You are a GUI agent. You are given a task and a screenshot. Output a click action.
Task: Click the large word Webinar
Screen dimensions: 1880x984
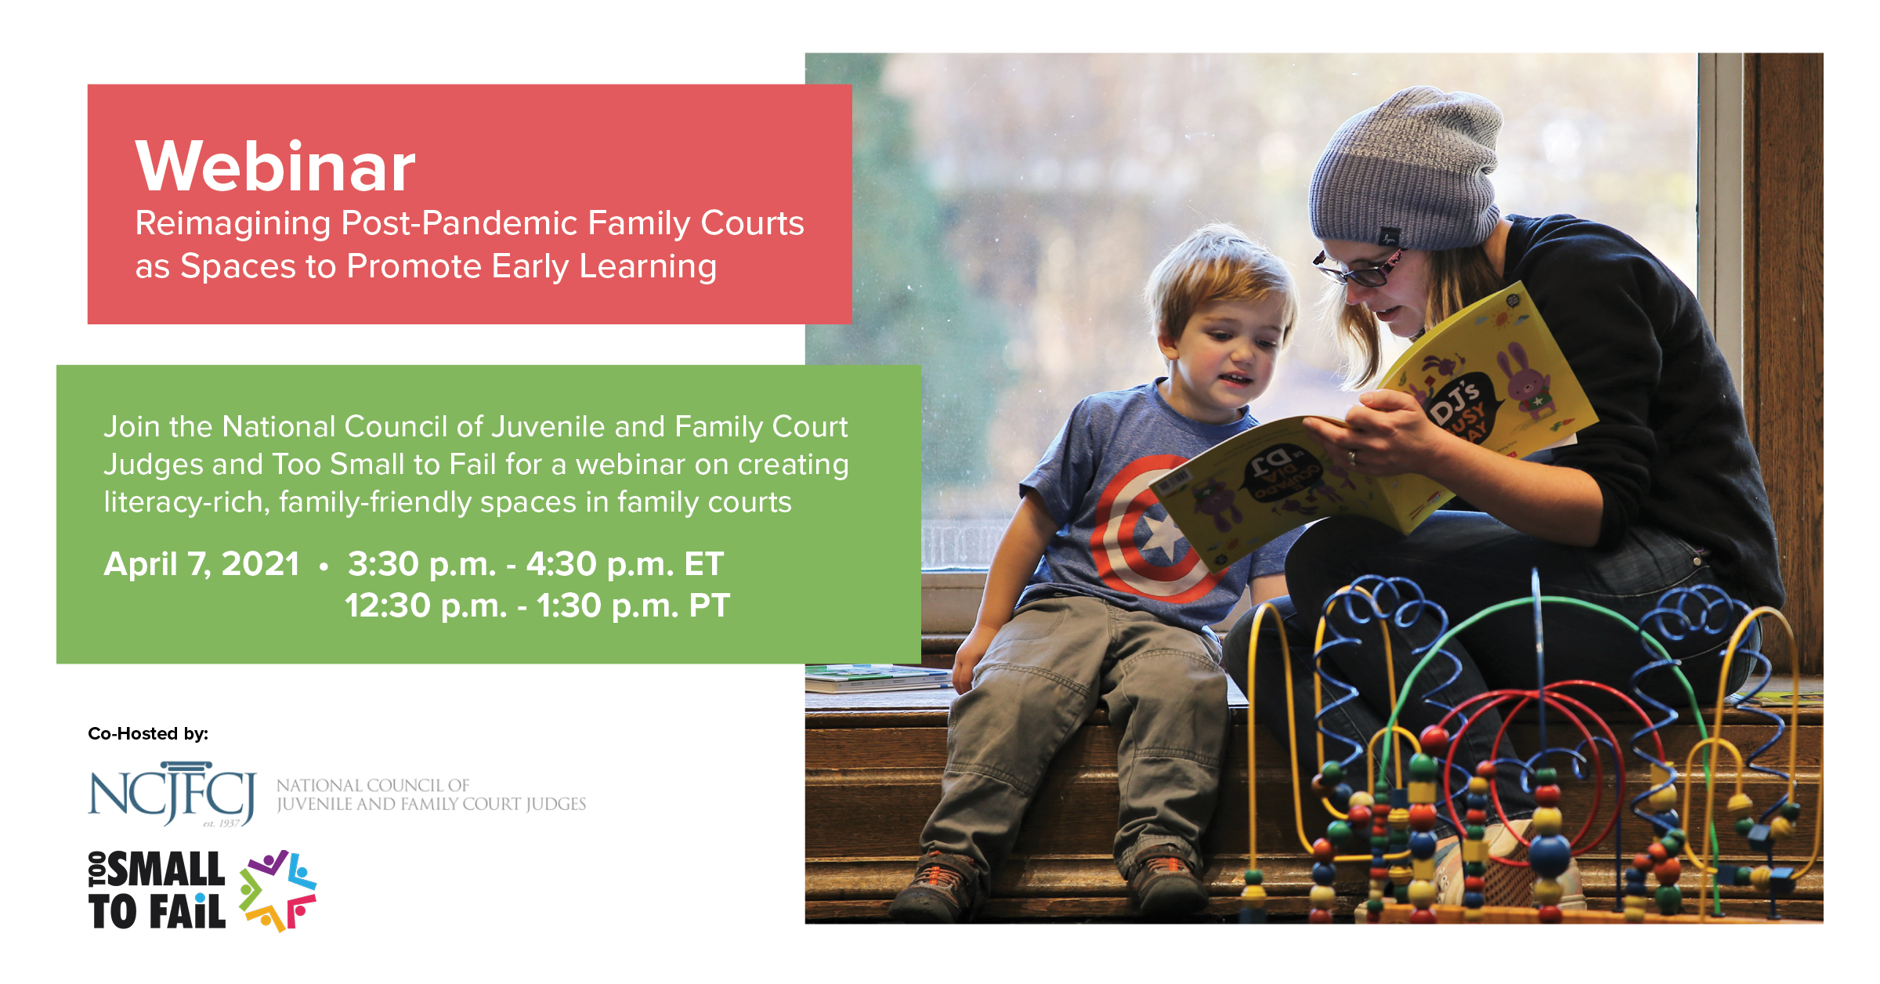275,166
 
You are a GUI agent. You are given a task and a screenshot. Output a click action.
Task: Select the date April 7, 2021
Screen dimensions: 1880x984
201,564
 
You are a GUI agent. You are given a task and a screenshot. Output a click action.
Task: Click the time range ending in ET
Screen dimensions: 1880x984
536,564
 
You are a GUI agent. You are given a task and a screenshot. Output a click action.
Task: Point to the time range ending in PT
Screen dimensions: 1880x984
537,606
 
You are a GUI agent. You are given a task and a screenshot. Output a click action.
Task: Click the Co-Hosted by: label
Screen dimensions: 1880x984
148,734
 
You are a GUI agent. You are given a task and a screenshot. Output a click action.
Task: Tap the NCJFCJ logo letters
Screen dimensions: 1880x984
172,793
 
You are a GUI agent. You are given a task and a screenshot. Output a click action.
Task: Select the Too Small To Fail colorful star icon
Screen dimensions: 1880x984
277,891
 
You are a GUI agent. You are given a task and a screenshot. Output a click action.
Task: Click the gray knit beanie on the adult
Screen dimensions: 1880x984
1406,168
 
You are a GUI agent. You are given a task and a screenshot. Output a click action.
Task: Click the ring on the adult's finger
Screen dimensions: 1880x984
1352,458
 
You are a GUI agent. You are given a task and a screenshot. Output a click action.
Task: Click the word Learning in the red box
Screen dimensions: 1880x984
648,267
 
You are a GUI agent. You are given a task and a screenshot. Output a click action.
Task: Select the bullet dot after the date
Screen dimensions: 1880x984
324,566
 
